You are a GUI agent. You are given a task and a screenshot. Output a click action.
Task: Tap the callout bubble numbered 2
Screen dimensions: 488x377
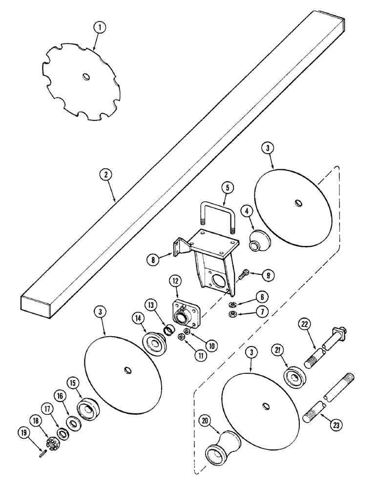pos(104,174)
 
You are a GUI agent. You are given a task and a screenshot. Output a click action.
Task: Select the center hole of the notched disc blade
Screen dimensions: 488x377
pos(86,76)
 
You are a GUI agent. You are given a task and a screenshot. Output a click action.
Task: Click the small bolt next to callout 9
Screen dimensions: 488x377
pos(244,275)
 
